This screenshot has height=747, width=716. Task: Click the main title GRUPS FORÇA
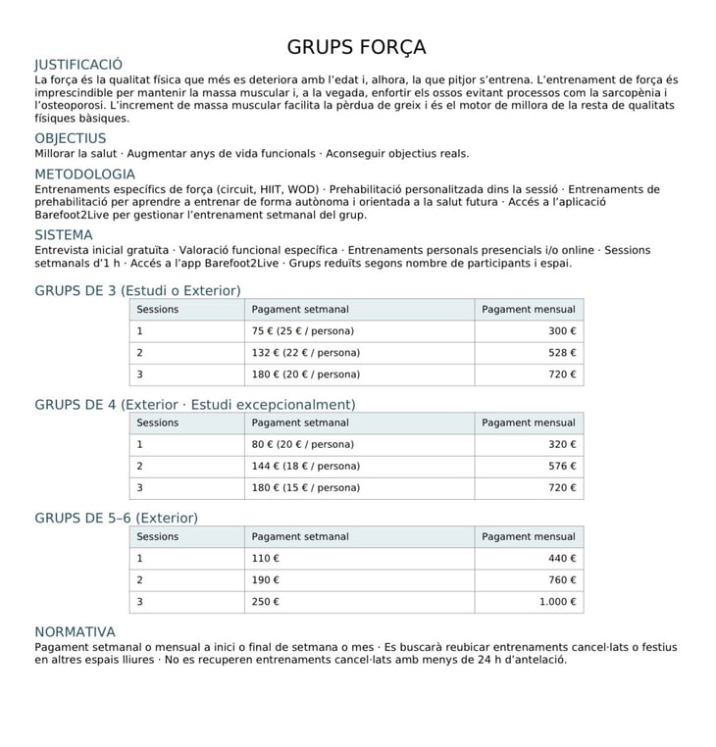(356, 47)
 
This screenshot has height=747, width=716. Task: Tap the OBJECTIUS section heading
(71, 138)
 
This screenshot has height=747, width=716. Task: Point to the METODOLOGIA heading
(84, 174)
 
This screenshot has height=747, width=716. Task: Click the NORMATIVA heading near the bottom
(75, 632)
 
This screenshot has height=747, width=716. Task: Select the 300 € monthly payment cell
(562, 331)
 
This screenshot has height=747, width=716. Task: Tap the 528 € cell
(562, 353)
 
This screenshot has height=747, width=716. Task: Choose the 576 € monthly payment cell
(562, 467)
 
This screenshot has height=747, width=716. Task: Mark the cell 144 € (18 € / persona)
(305, 467)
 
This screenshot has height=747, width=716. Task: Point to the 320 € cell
(562, 445)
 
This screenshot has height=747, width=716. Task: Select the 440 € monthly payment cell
(562, 559)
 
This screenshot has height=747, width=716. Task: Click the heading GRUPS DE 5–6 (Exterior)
(116, 518)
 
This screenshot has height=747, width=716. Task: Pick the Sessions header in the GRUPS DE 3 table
(158, 310)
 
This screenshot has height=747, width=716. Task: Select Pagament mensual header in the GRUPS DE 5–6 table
(528, 537)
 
